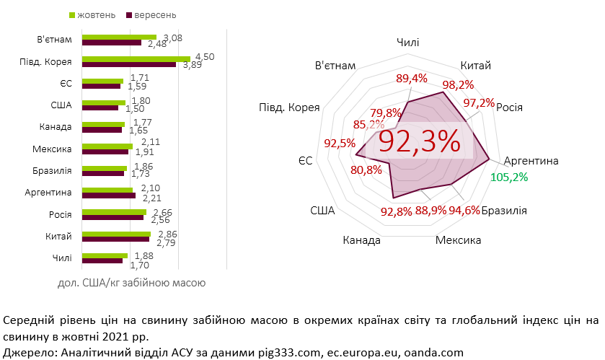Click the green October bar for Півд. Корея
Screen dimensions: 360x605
[136, 59]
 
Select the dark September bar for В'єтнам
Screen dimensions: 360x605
[112, 43]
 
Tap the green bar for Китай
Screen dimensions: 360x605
[116, 234]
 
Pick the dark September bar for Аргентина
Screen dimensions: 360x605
[109, 196]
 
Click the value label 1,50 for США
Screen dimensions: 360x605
[136, 108]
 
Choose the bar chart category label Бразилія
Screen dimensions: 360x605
[52, 170]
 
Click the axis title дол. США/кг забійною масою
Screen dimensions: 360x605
[132, 283]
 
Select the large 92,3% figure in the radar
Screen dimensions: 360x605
[420, 141]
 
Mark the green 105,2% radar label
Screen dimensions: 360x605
[509, 177]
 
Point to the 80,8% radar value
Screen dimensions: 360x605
[366, 170]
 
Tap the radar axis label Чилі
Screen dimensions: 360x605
[408, 43]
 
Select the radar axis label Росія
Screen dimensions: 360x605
[509, 107]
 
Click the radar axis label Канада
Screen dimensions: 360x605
[361, 240]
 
